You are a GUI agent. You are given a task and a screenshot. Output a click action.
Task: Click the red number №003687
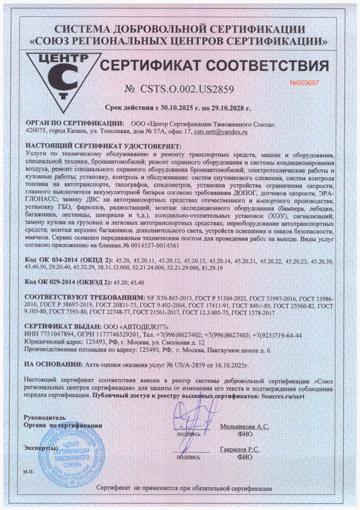point(304,83)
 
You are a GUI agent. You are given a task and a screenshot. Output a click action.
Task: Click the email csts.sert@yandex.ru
point(220,132)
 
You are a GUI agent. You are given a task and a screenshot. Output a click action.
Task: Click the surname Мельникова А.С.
point(245,426)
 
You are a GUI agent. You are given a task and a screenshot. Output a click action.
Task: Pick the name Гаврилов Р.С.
point(240,449)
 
